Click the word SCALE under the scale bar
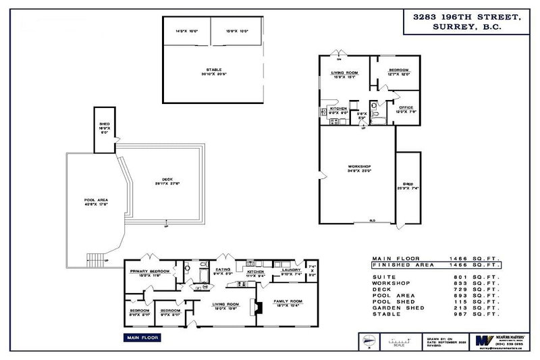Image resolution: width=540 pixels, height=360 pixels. point(399,346)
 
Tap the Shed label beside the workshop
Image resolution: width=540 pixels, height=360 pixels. point(407,184)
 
